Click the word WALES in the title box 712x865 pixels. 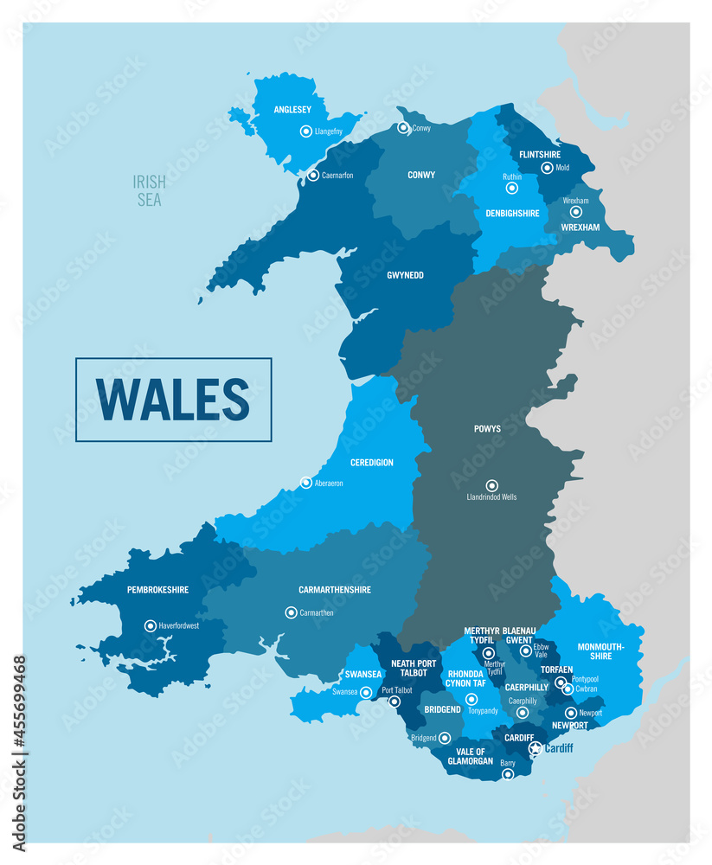pyautogui.click(x=173, y=400)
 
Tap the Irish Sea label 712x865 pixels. pyautogui.click(x=148, y=191)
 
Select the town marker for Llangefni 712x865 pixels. pyautogui.click(x=305, y=131)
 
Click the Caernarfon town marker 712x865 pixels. pyautogui.click(x=313, y=175)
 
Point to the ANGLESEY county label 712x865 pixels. pyautogui.click(x=292, y=110)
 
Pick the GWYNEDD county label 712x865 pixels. pyautogui.click(x=404, y=276)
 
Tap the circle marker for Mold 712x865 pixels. pyautogui.click(x=547, y=168)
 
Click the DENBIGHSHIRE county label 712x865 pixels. pyautogui.click(x=511, y=213)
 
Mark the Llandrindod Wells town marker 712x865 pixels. pyautogui.click(x=491, y=485)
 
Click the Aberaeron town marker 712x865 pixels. pyautogui.click(x=305, y=483)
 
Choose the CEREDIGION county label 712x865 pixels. pyautogui.click(x=372, y=463)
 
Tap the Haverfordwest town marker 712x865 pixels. pyautogui.click(x=151, y=625)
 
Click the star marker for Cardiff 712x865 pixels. pyautogui.click(x=536, y=748)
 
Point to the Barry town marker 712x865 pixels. pyautogui.click(x=508, y=774)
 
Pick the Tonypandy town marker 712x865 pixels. pyautogui.click(x=471, y=699)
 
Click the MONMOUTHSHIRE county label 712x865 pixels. pyautogui.click(x=600, y=650)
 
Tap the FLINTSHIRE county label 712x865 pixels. pyautogui.click(x=540, y=155)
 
